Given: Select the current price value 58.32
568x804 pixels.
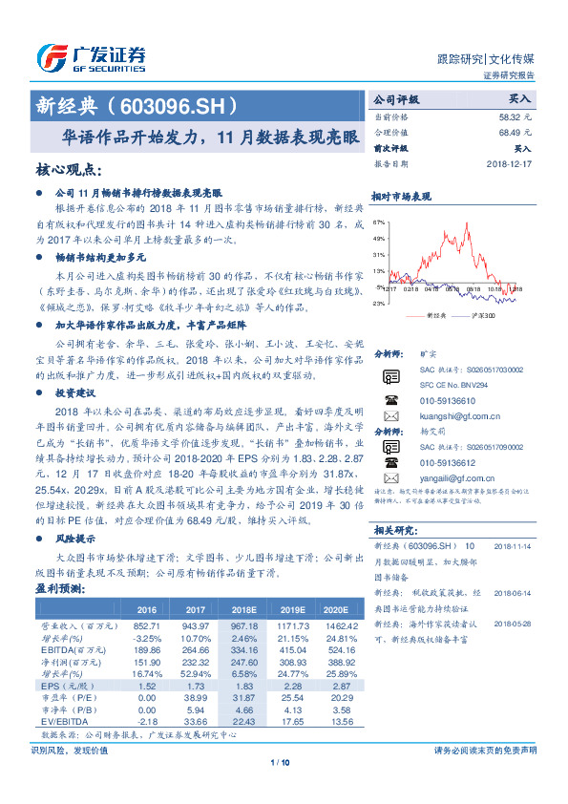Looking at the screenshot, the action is [x=511, y=115].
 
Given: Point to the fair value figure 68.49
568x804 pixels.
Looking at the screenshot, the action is [x=511, y=132].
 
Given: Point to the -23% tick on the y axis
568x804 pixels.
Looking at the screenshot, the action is [x=379, y=303].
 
